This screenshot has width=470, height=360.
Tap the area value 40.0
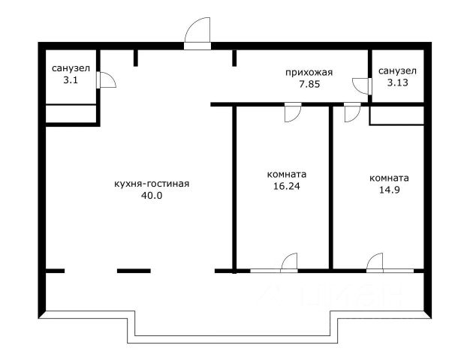click(x=152, y=196)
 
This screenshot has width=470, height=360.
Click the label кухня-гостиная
click(x=152, y=184)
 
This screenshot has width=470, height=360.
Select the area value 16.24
click(x=287, y=186)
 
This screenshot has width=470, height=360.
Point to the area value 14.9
click(x=390, y=190)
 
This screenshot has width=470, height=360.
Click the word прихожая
click(x=309, y=73)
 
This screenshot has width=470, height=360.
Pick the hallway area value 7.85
click(x=309, y=85)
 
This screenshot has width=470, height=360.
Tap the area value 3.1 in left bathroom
click(x=71, y=80)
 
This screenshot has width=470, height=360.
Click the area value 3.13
click(x=397, y=82)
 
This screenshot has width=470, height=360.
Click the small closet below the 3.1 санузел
click(x=71, y=114)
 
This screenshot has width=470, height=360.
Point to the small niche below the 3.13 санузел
click(x=396, y=115)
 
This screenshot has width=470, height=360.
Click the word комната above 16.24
click(x=287, y=174)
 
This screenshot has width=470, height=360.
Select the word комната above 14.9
click(x=389, y=178)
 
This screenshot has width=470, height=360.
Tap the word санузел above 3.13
click(x=397, y=71)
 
